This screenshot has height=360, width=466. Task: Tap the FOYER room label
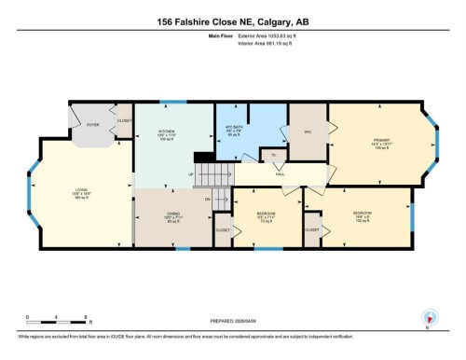(93, 123)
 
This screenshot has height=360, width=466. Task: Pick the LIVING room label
(81, 193)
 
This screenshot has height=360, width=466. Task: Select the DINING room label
(172, 217)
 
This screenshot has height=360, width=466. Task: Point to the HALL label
(280, 174)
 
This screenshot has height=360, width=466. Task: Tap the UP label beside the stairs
(191, 174)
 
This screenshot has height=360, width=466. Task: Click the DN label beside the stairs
(206, 199)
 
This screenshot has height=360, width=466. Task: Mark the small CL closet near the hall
(273, 157)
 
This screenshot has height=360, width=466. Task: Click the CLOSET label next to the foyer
(124, 120)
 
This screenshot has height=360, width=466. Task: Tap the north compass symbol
(429, 318)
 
